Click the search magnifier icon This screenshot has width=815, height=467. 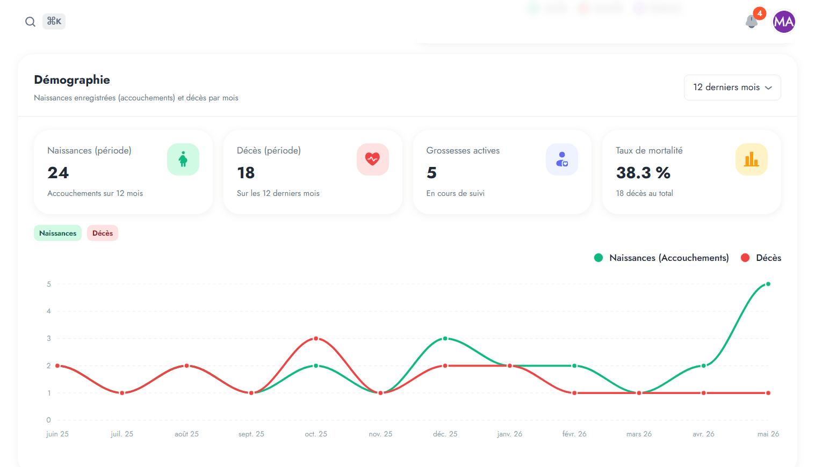pyautogui.click(x=30, y=22)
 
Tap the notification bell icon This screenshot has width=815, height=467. pyautogui.click(x=751, y=21)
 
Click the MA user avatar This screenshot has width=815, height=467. pyautogui.click(x=784, y=22)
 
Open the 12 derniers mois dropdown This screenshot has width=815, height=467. pyautogui.click(x=732, y=87)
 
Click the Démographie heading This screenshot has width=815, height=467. pyautogui.click(x=72, y=79)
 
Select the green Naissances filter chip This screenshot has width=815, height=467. pyautogui.click(x=57, y=233)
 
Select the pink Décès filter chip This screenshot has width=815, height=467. pyautogui.click(x=103, y=233)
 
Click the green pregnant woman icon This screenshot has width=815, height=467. pyautogui.click(x=183, y=159)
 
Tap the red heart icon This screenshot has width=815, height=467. pyautogui.click(x=372, y=159)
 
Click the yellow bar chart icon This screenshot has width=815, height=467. pyautogui.click(x=751, y=159)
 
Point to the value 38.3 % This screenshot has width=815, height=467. pyautogui.click(x=643, y=173)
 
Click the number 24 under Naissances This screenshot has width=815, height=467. pyautogui.click(x=58, y=173)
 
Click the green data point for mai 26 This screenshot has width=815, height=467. pyautogui.click(x=768, y=284)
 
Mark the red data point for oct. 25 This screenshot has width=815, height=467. pyautogui.click(x=316, y=338)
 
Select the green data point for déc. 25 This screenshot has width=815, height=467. pyautogui.click(x=445, y=338)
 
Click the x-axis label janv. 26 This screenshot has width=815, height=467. pyautogui.click(x=509, y=434)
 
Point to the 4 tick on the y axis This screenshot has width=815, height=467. pyautogui.click(x=48, y=311)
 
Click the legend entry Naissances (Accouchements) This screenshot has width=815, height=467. pyautogui.click(x=661, y=258)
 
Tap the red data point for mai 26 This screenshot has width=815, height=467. pyautogui.click(x=768, y=393)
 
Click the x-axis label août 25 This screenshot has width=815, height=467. pyautogui.click(x=186, y=434)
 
